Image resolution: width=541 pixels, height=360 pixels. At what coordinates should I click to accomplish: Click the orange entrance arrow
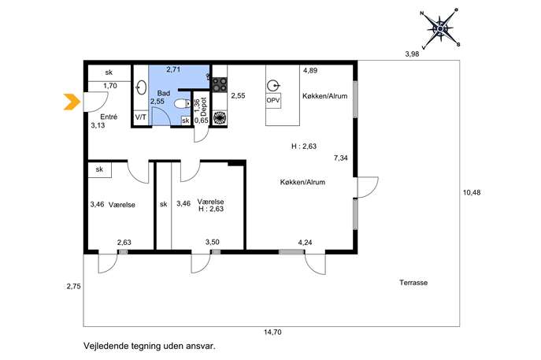(x=72, y=102)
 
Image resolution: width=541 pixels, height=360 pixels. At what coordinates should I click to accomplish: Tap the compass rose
(x=440, y=28)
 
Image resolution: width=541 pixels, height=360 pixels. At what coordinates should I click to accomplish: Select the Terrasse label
(x=413, y=282)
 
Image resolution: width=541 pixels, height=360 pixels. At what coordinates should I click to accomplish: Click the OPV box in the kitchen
(x=273, y=101)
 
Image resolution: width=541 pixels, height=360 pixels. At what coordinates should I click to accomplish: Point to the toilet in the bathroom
(x=182, y=103)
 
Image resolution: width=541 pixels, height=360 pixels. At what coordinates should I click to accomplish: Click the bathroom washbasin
(x=141, y=87)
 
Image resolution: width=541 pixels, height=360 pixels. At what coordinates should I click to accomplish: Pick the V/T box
(x=140, y=117)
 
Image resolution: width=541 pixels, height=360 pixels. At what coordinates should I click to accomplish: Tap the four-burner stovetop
(x=220, y=84)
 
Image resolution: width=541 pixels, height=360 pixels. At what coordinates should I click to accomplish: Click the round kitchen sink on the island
(x=273, y=85)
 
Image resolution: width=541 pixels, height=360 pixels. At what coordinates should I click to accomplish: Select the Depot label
(x=204, y=106)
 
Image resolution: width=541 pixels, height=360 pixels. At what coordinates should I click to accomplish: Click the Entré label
(x=109, y=117)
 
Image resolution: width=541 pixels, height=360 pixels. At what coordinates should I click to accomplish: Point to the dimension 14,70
(x=272, y=332)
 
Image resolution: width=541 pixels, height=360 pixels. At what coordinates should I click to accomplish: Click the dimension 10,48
(x=471, y=192)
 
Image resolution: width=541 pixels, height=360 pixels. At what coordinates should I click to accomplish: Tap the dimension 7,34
(x=340, y=158)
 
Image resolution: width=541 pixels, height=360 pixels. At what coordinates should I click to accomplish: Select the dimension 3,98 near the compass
(x=412, y=54)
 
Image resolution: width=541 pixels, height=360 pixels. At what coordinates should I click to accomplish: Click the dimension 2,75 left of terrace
(x=74, y=286)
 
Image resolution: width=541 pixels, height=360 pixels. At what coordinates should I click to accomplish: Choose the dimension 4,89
(x=309, y=70)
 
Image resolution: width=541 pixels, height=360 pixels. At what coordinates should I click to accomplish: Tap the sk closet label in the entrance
(x=109, y=72)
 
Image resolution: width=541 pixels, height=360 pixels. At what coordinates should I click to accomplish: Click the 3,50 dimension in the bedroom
(x=212, y=243)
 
